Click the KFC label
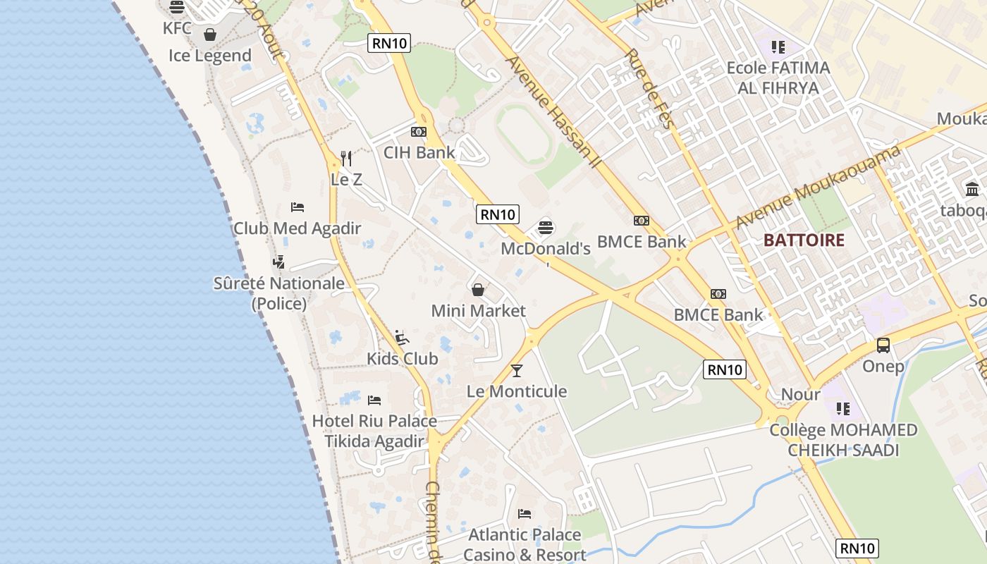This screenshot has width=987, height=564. coord(177,28)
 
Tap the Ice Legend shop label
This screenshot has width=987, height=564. coord(210,56)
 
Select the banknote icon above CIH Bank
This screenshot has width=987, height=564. coord(419,132)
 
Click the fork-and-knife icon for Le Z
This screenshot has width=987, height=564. coord(346,158)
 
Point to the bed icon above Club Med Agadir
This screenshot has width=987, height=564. coord(298,207)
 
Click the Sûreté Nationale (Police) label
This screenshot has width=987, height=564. coord(279,293)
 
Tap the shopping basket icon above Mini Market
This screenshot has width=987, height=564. coord(478,289)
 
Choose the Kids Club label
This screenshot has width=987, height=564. coord(402,358)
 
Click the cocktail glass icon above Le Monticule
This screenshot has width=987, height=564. coord(517,369)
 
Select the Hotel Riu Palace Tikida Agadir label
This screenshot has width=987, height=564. coord(374,431)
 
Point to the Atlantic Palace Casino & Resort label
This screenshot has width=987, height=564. coord(525,544)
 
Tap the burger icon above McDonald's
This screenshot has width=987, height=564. coord(546,228)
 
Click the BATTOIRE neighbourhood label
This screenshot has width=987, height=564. coord(804,240)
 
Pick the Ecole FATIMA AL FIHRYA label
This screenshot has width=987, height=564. coord(778,78)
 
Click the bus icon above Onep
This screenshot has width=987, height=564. coord(883,345)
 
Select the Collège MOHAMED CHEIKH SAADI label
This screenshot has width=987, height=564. coord(843,440)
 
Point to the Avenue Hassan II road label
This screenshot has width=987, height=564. coord(553,113)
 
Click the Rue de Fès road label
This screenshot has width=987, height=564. coord(649,88)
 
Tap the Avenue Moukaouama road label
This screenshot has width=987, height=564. coord(818,186)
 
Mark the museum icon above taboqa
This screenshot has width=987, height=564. coord(972,189)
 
